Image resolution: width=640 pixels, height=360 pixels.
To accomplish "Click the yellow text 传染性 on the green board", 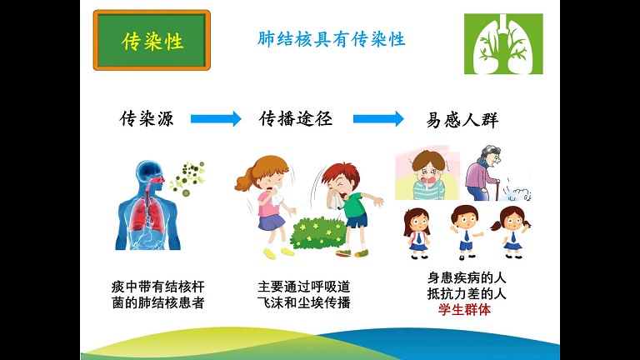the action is [x=152, y=41].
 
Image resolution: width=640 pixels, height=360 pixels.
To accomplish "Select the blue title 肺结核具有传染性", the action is [x=331, y=39].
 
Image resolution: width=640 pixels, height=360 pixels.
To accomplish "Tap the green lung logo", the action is [x=503, y=43].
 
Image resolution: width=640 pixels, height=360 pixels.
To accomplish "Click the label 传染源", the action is [x=147, y=119].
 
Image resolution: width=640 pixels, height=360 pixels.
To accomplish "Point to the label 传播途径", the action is [x=296, y=119].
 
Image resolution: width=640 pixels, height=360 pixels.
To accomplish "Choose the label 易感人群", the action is [x=462, y=120].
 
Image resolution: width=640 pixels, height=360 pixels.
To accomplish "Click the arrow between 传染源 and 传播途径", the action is [x=216, y=119].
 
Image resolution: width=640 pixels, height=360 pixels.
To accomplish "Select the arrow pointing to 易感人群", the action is [x=378, y=119].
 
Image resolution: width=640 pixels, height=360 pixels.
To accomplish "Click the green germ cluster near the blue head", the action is [x=187, y=178].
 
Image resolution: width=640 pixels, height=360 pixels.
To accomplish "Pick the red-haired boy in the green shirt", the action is [x=350, y=209].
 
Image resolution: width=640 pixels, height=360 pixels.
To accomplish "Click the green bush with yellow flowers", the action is [x=318, y=233].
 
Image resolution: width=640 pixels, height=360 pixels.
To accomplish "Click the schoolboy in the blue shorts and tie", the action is [x=466, y=232].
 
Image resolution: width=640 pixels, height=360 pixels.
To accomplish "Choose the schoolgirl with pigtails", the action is [x=512, y=232].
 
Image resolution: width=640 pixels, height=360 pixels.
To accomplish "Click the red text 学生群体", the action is [x=465, y=310].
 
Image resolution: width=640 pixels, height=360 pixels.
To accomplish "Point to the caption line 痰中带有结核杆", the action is [x=158, y=287].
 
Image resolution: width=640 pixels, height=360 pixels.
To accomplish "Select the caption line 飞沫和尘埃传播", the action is [x=304, y=302].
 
